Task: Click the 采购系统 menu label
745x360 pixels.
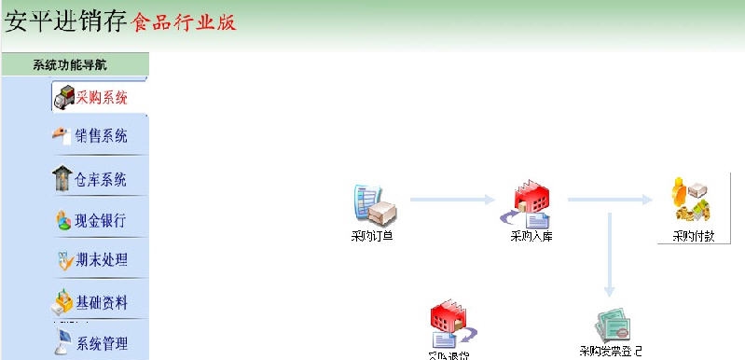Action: (102, 96)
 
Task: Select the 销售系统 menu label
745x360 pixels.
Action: (102, 136)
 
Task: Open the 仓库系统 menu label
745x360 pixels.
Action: (101, 179)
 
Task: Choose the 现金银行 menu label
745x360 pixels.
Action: (101, 221)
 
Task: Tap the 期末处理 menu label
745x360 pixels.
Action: (102, 260)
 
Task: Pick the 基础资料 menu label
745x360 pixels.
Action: (102, 303)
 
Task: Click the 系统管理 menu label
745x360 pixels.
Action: (102, 343)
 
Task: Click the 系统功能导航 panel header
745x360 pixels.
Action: (75, 64)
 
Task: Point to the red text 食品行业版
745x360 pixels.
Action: (185, 21)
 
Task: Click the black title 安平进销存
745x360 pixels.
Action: (65, 21)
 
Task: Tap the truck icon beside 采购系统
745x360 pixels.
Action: (64, 97)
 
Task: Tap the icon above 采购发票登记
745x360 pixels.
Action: (611, 325)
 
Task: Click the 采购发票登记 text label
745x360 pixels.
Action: (610, 352)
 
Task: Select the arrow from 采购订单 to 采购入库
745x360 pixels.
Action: (453, 199)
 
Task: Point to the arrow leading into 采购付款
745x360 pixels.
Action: (612, 199)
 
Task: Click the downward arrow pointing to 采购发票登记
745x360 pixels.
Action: (609, 252)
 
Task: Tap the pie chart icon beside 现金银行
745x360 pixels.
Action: (63, 222)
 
